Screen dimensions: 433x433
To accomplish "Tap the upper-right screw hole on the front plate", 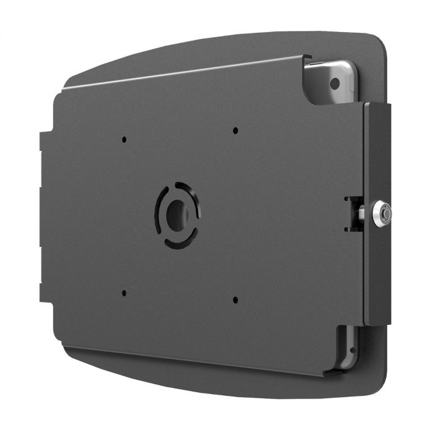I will [235, 131].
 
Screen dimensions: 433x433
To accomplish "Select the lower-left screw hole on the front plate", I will [124, 293].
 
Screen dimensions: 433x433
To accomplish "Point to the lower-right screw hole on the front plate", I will [235, 300].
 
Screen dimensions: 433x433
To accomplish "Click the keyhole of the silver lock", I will [386, 214].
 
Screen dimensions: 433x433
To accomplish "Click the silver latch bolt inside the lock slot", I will [361, 214].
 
